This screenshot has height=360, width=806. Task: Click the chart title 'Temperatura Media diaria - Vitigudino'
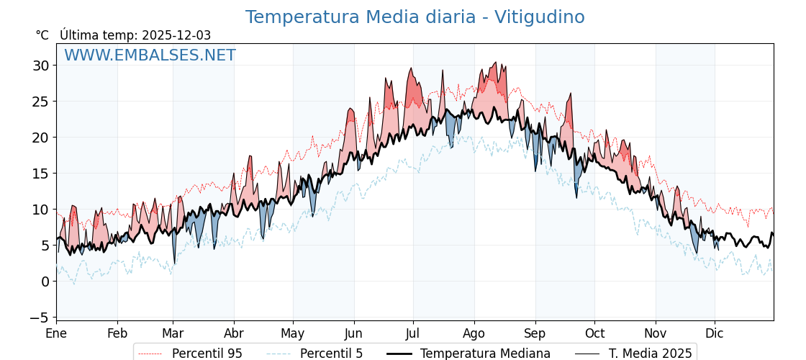(415, 17)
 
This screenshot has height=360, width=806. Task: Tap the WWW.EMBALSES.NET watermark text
(150, 55)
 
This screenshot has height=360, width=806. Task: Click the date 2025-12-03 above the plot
(176, 35)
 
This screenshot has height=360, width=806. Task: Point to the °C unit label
(42, 35)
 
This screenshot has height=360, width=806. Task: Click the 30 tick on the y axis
(40, 66)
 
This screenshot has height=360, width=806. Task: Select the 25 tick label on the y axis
(40, 102)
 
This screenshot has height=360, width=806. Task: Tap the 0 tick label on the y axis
(45, 282)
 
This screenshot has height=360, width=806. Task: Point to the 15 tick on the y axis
(40, 174)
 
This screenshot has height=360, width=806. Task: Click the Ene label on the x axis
(56, 333)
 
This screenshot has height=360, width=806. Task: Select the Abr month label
(234, 333)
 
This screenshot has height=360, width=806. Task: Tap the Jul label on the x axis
(413, 333)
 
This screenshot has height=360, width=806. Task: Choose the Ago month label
(474, 333)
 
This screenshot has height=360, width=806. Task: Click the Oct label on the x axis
(594, 333)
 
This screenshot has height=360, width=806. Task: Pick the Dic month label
(715, 333)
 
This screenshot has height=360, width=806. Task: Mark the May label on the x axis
(293, 333)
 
